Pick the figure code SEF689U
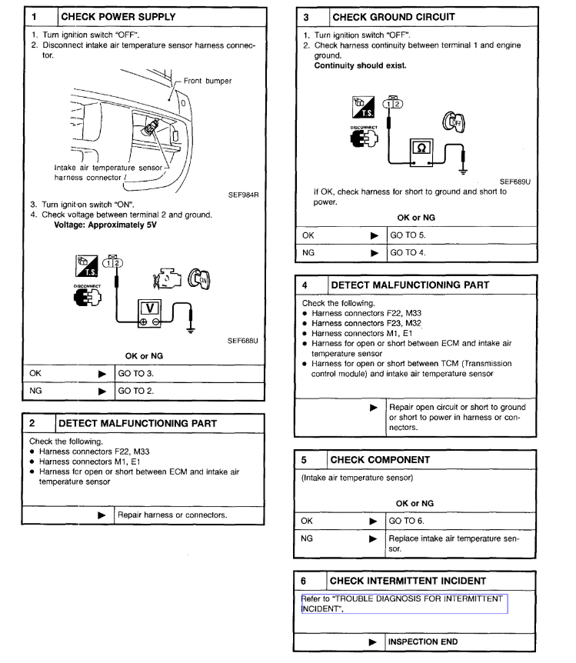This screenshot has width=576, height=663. [514, 182]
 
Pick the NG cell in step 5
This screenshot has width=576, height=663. [308, 539]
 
